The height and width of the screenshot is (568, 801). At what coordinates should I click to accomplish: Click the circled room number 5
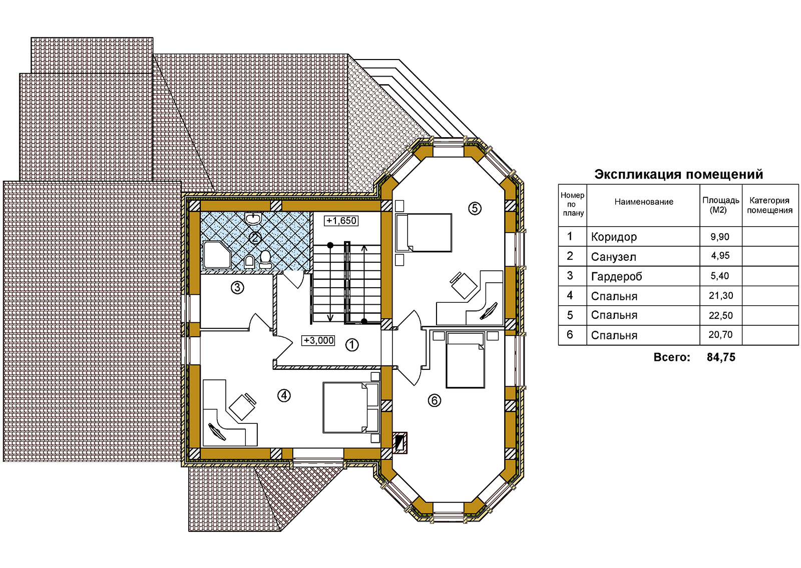point(475,208)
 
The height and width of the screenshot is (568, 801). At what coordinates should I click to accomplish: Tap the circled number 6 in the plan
point(434,401)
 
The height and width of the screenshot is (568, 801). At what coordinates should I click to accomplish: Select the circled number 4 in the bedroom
point(284,395)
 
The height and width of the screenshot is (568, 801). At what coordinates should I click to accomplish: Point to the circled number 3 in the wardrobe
point(237,287)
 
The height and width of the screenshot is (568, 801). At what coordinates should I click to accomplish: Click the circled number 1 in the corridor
point(352,345)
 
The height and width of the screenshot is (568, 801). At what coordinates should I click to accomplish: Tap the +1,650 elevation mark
point(341,221)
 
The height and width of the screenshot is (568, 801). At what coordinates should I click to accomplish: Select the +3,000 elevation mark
point(318,340)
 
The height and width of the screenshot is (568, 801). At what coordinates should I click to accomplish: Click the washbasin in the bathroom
point(253,218)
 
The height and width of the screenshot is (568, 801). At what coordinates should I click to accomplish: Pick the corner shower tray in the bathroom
point(217,255)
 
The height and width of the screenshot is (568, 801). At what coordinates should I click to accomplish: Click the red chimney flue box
point(400,443)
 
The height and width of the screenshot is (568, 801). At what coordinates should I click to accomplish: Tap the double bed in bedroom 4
point(351,407)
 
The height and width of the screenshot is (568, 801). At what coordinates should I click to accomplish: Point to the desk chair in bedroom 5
point(464,285)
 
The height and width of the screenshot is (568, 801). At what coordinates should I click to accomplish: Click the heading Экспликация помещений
point(679,175)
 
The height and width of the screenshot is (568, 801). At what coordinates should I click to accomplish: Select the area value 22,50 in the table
point(720,316)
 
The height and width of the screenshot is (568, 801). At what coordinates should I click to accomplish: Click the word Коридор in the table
point(614,237)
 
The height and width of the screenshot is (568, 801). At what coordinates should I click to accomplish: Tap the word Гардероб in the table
point(616,276)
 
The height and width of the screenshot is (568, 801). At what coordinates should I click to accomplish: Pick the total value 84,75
point(721,357)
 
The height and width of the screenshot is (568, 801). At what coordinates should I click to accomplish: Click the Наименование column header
point(644,202)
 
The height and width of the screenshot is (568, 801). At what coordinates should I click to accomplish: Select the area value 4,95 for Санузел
point(720,256)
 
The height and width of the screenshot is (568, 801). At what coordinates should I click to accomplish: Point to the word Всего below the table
point(671,357)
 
